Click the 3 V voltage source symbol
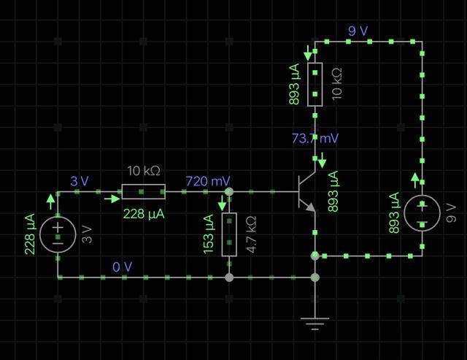(x=58, y=234)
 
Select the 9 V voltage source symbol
(x=422, y=213)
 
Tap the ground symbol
(x=315, y=323)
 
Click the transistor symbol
(x=307, y=193)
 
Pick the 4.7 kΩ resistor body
(x=229, y=234)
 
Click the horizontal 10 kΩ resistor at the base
(x=144, y=192)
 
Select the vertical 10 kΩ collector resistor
(x=314, y=85)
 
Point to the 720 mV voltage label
(x=208, y=180)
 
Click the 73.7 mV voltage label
(x=314, y=138)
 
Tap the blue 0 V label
(x=123, y=267)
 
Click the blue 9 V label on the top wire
(x=358, y=31)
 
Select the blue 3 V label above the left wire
(x=80, y=180)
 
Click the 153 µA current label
(x=209, y=234)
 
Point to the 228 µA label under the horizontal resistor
(x=144, y=213)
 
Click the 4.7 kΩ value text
(x=251, y=235)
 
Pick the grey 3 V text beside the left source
(x=87, y=234)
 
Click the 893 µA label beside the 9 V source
(x=395, y=213)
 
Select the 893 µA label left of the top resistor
(x=294, y=85)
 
